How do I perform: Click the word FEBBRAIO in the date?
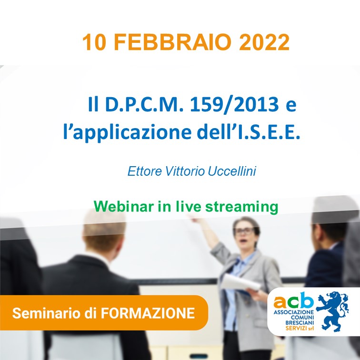click(x=172, y=42)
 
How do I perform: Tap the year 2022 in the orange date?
click(x=264, y=42)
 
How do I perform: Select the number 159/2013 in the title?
click(x=234, y=104)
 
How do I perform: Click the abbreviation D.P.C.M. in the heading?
click(x=144, y=104)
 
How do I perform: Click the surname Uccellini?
click(x=232, y=171)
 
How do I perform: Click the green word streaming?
click(x=241, y=207)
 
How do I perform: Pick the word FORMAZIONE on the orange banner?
click(x=148, y=313)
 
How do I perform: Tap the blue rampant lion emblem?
click(x=332, y=311)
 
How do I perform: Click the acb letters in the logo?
click(x=293, y=300)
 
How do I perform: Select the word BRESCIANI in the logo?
click(x=300, y=323)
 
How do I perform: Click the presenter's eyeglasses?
click(x=244, y=231)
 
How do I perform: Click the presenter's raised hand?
click(x=195, y=219)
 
